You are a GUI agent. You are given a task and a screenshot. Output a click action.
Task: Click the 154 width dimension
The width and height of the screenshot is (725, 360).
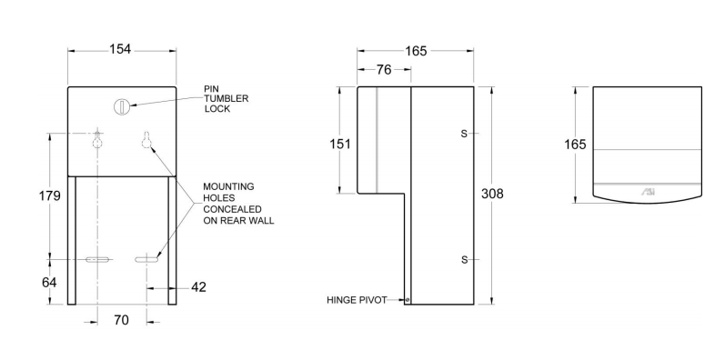(x=120, y=49)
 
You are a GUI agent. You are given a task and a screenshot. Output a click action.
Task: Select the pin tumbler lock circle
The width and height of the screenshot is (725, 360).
(x=121, y=106)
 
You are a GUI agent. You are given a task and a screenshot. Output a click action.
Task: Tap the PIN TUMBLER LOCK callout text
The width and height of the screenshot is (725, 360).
(x=227, y=98)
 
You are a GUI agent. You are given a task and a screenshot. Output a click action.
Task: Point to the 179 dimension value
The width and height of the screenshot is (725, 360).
(x=49, y=196)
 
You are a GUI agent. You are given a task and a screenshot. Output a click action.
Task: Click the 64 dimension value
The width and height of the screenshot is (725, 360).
(x=49, y=282)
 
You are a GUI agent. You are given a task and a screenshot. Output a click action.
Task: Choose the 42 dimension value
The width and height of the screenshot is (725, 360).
(x=198, y=287)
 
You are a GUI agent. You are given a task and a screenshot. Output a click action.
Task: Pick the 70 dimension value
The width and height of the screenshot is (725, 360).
(x=121, y=319)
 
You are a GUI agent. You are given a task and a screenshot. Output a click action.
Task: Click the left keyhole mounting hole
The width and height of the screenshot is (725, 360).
(x=97, y=140)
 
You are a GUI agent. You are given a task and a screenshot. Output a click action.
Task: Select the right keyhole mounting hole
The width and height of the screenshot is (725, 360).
(x=146, y=140)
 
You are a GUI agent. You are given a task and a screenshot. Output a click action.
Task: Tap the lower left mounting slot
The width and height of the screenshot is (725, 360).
(x=98, y=260)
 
